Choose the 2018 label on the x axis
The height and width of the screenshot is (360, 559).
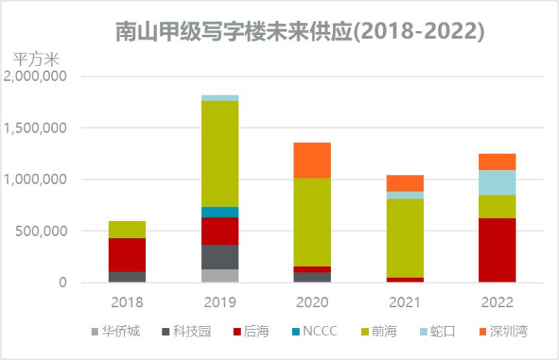pos(127,302)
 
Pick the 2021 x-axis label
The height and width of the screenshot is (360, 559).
pos(404,302)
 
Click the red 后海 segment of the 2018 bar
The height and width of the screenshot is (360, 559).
pos(127,254)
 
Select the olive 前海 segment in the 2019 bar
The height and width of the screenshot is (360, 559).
pos(220,154)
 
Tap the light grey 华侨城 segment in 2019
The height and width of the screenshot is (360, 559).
pos(220,275)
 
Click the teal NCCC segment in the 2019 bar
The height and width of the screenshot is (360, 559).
pos(220,212)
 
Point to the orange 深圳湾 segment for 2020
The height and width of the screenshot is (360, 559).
pos(312,160)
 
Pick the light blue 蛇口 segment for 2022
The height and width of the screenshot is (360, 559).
pos(497,182)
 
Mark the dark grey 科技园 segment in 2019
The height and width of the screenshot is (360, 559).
pos(220,257)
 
